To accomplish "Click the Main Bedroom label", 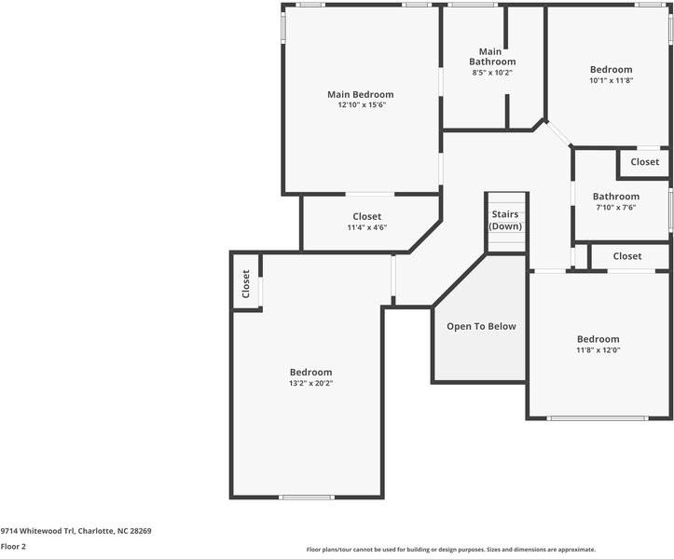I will [x=360, y=94].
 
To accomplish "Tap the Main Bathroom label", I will [x=491, y=56].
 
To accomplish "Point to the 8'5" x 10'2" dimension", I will [x=492, y=72].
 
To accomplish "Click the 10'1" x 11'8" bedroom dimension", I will [x=611, y=80].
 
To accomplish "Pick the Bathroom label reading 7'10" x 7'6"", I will [x=616, y=197].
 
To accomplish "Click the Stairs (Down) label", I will [x=505, y=221].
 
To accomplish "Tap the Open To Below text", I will [x=481, y=326].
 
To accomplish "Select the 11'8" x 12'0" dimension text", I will [x=598, y=350].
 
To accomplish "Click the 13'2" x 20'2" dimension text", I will [x=310, y=383].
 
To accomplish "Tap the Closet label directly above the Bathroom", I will [x=644, y=162].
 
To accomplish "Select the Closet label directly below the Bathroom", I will [x=627, y=256].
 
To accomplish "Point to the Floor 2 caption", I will [x=13, y=546].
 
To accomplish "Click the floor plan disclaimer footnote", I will [x=450, y=550].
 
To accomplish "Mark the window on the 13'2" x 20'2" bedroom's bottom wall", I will [x=307, y=497].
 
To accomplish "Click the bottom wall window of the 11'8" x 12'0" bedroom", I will [x=598, y=418].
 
